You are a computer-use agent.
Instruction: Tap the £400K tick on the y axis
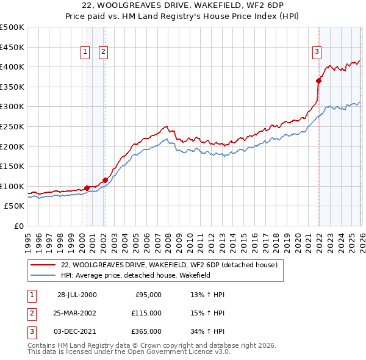[x=12, y=67]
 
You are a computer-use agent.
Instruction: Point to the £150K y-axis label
[x=12, y=167]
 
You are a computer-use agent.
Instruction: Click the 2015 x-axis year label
[x=242, y=237]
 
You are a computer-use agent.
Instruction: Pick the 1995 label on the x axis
[x=27, y=237]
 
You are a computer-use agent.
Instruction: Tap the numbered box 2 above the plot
[x=103, y=52]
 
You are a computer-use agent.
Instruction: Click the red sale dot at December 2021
[x=318, y=81]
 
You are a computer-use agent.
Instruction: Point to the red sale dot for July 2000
[x=87, y=188]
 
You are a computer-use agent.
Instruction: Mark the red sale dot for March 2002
[x=105, y=180]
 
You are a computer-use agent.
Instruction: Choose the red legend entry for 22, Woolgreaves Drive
[x=169, y=265]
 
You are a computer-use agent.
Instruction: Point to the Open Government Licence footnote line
[x=129, y=352]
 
